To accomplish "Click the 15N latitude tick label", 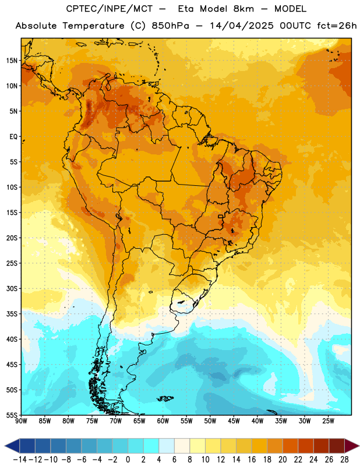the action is point(12,61).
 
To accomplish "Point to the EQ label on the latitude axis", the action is point(13,137).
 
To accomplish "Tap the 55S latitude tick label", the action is point(12,415).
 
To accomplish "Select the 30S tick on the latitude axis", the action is point(12,288).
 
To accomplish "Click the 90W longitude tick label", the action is point(21,421).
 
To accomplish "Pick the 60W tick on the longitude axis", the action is point(163,421).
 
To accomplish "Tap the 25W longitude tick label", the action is point(328,421).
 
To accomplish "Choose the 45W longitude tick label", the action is point(234,421).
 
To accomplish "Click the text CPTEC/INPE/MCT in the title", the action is point(109,9).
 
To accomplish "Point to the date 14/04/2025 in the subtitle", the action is point(241,26).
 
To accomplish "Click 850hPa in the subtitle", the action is point(170,26).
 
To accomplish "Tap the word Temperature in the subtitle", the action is point(93,26).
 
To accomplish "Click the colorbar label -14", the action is point(20,460).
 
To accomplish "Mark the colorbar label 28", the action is point(344,460).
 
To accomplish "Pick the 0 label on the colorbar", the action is point(128,460).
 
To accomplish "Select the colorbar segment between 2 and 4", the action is point(151,446).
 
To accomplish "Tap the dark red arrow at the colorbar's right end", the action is point(352,446).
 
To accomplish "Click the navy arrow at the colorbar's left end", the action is point(12,446).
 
